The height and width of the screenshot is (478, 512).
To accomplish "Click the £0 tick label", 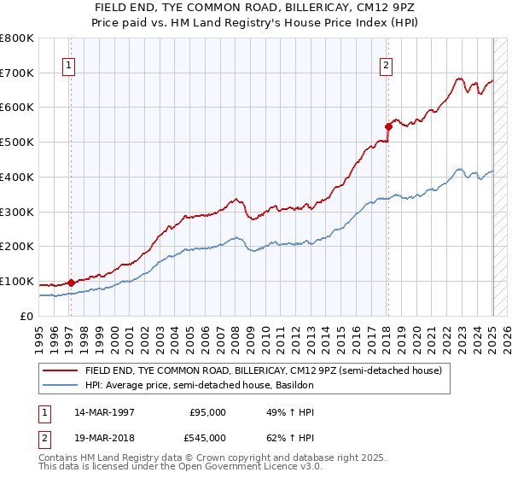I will [x=27, y=316].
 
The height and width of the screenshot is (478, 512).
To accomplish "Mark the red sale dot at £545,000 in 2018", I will [x=387, y=126].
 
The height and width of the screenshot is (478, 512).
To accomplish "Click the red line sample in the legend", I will [x=61, y=371].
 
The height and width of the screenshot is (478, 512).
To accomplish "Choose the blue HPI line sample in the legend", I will [x=61, y=386].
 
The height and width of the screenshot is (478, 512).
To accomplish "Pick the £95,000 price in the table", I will [x=207, y=412].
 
